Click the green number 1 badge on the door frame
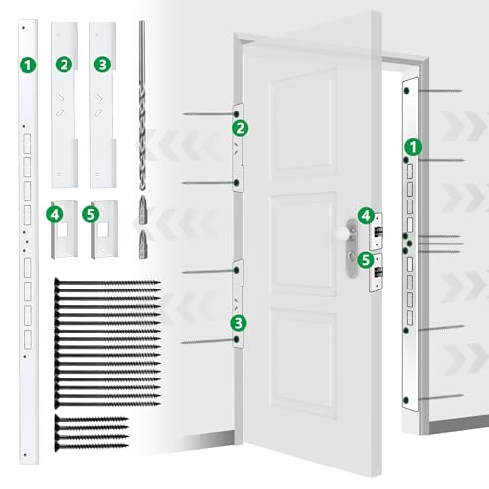pyautogui.click(x=413, y=147)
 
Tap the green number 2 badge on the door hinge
pyautogui.click(x=241, y=128)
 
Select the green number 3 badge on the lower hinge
pyautogui.click(x=239, y=323)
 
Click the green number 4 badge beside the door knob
pyautogui.click(x=366, y=216)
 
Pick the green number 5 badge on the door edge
pyautogui.click(x=366, y=260)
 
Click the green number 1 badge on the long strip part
pyautogui.click(x=28, y=66)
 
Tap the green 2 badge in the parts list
pyautogui.click(x=64, y=64)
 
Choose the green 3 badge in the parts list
pyautogui.click(x=102, y=64)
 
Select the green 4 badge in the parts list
pyautogui.click(x=55, y=214)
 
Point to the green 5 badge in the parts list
pyautogui.click(x=91, y=214)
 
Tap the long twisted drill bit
pyautogui.click(x=142, y=105)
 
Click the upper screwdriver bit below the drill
pyautogui.click(x=143, y=209)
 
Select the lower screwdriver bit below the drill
pyautogui.click(x=143, y=244)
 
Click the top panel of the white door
pyautogui.click(x=303, y=121)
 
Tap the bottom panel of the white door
pyautogui.click(x=303, y=363)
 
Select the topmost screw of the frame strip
pyautogui.click(x=433, y=90)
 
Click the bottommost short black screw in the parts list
pyautogui.click(x=92, y=446)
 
